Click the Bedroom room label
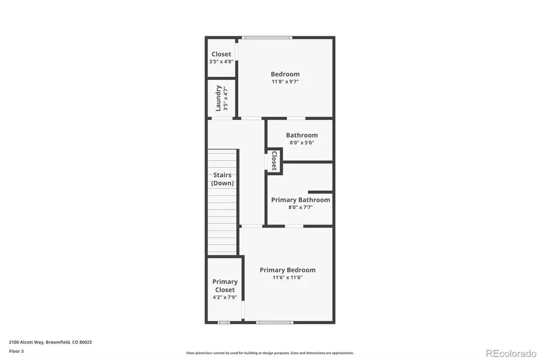285,74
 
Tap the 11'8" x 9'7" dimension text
285,82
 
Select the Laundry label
218,98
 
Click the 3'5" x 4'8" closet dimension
221,61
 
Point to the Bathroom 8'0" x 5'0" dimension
302,143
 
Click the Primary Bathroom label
301,200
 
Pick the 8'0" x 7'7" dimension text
301,208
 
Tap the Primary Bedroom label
287,270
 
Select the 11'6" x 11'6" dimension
287,277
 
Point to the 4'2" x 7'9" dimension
225,297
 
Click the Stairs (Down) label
223,179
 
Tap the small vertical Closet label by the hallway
274,161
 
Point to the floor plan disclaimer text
270,353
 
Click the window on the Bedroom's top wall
267,38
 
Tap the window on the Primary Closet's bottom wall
224,323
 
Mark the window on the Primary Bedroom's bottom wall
275,323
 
